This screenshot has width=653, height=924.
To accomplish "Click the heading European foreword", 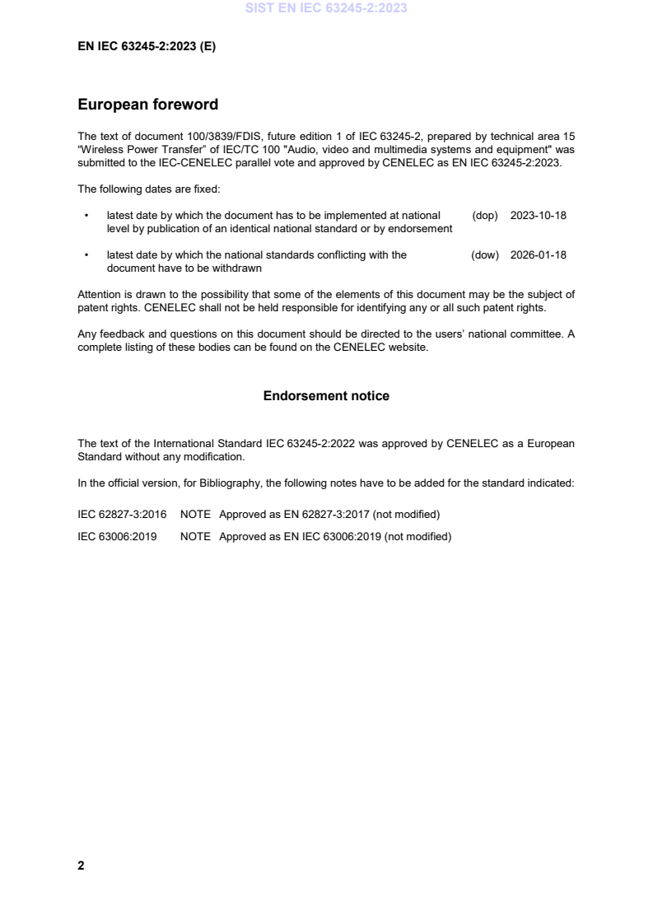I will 147,105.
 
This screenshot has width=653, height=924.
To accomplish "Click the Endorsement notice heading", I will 326,396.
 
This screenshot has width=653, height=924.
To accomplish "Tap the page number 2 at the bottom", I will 81,866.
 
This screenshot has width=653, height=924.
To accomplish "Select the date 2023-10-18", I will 539,216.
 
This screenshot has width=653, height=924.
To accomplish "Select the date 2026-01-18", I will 539,255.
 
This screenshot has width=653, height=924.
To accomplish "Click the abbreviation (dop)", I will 485,216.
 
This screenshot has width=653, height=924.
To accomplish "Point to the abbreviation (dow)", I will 485,255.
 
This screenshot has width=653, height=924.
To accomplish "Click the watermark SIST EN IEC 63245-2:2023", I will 326,9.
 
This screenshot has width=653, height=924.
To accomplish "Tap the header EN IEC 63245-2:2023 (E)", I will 147,47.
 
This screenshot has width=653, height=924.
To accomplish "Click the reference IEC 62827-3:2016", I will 122,515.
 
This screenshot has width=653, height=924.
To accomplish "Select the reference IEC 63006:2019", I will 117,537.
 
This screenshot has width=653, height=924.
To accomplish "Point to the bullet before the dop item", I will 86,216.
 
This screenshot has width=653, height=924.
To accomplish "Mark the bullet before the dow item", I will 86,255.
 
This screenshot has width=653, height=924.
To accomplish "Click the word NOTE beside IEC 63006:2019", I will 195,537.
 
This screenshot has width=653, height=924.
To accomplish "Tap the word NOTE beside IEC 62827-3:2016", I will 195,515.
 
